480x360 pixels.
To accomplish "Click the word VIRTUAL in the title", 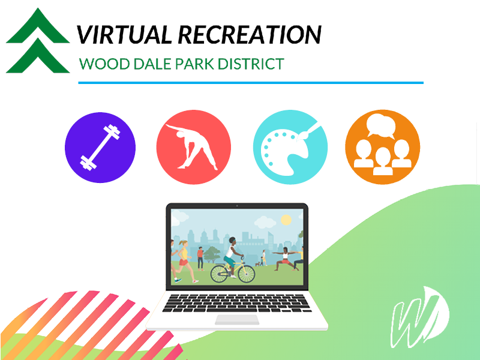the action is click(x=124, y=34).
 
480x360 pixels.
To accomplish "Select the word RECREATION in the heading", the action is click(x=250, y=34).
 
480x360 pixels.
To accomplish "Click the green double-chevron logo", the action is click(x=38, y=40).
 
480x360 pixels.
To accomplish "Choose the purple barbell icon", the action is click(x=100, y=148).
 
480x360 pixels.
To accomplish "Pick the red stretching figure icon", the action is click(x=193, y=147).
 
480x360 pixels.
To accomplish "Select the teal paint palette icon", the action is click(x=290, y=147).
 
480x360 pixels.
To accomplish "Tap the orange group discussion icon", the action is click(x=383, y=147).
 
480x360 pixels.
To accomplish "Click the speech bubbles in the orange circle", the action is click(x=381, y=126).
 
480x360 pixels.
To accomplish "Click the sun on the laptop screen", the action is click(x=286, y=220).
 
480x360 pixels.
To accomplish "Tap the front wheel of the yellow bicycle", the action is click(x=247, y=274).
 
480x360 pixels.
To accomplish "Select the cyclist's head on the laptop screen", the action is click(x=233, y=241).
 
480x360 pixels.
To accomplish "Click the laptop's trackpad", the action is click(x=237, y=320).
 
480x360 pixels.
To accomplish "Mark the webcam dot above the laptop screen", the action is click(x=237, y=206).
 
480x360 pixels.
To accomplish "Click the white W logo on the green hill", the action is click(x=420, y=317).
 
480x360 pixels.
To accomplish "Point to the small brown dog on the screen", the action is click(x=258, y=264).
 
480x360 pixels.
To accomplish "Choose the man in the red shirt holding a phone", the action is click(x=200, y=259).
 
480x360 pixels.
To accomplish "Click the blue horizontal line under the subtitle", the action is click(x=251, y=83).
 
